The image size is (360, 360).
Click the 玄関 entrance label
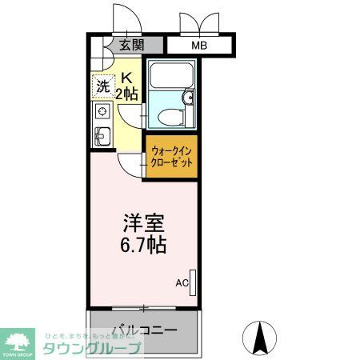point(133,46)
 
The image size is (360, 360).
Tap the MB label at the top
point(198,46)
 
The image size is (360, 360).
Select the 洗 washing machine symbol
point(103,86)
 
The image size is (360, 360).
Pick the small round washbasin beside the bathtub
point(188,98)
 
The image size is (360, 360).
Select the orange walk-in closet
point(170,155)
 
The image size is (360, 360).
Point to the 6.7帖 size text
point(144,244)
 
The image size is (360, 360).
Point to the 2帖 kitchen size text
point(128,94)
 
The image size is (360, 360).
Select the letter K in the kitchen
point(126,78)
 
